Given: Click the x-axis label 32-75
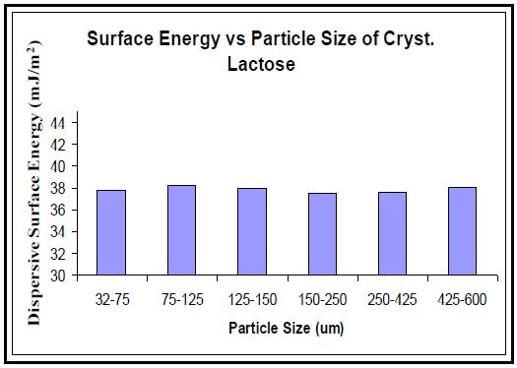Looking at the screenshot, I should (110, 298).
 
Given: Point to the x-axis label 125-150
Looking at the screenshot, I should (251, 298).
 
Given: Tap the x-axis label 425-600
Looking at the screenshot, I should (463, 298).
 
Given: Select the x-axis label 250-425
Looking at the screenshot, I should (393, 298).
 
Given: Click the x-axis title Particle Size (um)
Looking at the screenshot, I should (287, 326).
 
